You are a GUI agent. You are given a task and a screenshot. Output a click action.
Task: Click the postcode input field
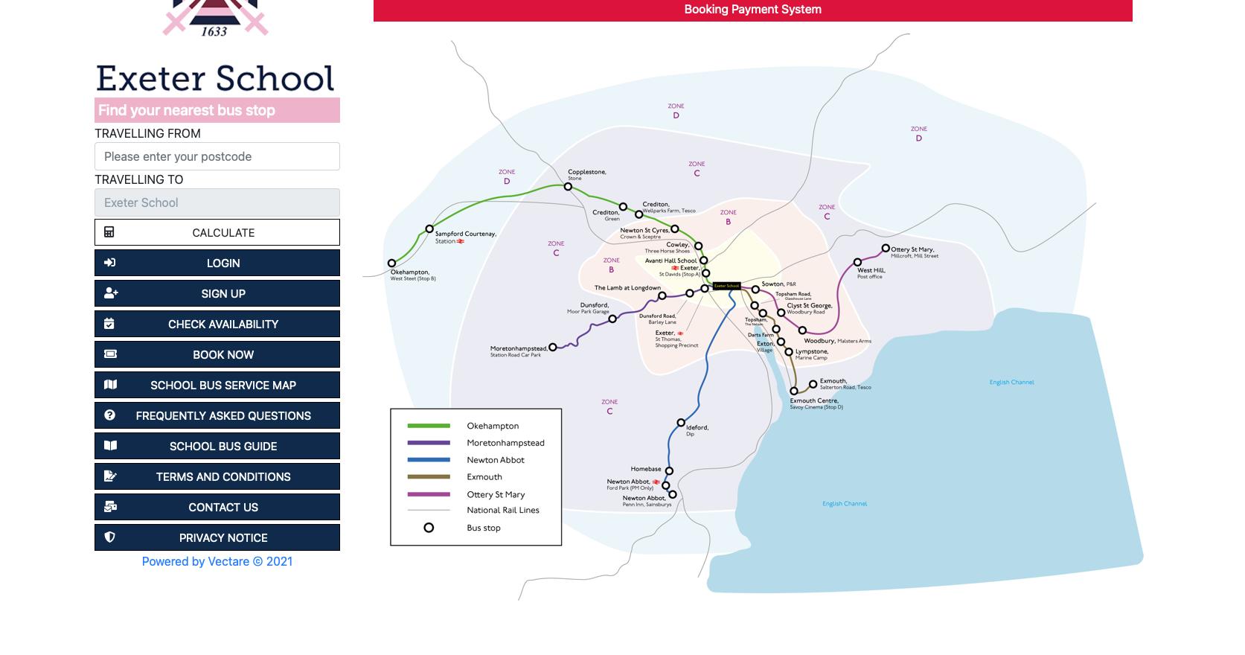217,156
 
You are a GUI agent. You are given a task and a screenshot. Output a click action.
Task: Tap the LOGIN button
217,263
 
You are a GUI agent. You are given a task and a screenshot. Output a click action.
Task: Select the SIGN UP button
217,293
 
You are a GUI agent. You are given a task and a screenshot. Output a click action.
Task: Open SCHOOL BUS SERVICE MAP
217,385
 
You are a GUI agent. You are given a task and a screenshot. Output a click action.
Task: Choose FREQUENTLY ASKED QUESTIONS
217,415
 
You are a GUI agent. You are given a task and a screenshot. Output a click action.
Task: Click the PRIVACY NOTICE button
217,537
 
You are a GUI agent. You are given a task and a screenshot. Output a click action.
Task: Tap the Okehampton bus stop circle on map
391,263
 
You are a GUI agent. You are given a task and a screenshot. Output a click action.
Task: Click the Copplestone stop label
586,172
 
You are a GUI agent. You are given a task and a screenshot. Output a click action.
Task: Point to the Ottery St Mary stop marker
886,249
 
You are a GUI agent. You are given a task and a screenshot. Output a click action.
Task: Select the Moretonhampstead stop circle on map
552,348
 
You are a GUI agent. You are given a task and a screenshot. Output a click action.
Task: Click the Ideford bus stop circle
681,423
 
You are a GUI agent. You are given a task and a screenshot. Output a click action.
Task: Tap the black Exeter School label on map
726,286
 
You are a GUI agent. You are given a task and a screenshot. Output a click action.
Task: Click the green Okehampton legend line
429,426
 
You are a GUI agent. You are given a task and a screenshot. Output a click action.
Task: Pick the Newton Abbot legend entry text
496,460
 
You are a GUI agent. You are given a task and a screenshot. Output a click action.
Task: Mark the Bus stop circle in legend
429,528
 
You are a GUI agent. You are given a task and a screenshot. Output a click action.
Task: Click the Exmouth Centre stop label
813,400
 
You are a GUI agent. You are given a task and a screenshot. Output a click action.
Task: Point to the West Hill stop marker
857,262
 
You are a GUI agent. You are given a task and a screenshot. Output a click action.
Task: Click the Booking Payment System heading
752,10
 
